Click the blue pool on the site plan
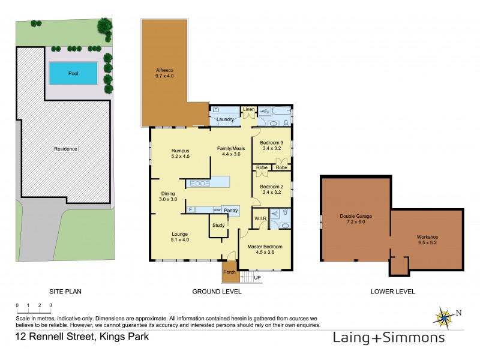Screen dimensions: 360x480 pyautogui.click(x=73, y=73)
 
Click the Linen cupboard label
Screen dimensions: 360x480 pyautogui.click(x=249, y=109)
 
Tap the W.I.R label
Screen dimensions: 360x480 pyautogui.click(x=260, y=218)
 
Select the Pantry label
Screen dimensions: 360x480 pyautogui.click(x=231, y=210)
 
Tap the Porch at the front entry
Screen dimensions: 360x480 pyautogui.click(x=229, y=271)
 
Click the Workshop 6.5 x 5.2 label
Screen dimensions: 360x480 pyautogui.click(x=428, y=240)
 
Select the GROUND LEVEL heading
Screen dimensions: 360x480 pyautogui.click(x=217, y=292)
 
